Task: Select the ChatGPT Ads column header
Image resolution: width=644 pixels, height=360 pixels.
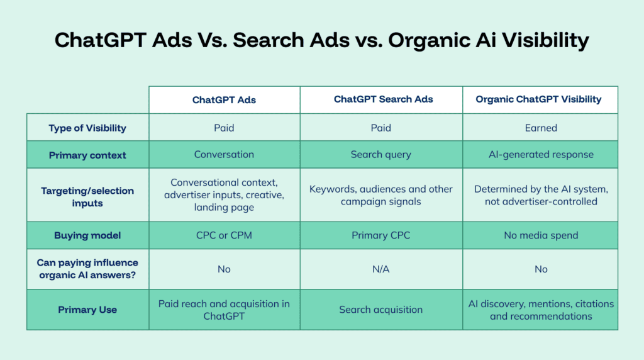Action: pos(224,100)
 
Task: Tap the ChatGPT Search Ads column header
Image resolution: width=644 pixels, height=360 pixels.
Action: pos(383,99)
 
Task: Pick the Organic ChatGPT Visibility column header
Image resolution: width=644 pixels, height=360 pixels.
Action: pos(538,99)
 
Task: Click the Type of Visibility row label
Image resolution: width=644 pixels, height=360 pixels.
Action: pos(87,128)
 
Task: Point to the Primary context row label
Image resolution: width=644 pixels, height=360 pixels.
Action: pos(87,155)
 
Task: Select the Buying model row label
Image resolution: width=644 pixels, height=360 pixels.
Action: pos(87,235)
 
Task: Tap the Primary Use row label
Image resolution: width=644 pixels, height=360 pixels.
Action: pos(87,310)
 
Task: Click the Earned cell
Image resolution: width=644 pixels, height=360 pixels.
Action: pos(541,128)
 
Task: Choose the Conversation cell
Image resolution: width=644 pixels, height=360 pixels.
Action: pos(224,154)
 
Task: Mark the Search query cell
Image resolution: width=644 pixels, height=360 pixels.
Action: pos(380,155)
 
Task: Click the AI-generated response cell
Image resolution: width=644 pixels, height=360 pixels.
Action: pos(541,154)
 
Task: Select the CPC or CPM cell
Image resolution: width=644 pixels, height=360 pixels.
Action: pos(224,235)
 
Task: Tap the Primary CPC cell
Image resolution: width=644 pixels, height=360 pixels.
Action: pos(380,235)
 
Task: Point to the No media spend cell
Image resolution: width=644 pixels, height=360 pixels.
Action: pos(541,235)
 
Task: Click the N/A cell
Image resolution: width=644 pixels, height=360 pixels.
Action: pos(380,269)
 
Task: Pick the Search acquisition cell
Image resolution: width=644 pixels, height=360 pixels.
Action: pos(380,310)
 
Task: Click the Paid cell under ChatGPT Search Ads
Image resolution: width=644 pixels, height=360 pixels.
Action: pos(380,128)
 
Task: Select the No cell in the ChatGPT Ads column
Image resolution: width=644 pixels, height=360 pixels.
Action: pos(224,269)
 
